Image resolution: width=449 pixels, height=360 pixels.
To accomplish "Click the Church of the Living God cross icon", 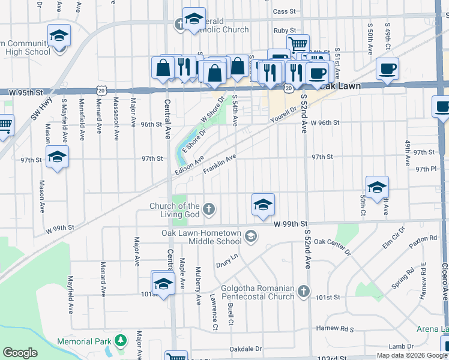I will tap(209, 209).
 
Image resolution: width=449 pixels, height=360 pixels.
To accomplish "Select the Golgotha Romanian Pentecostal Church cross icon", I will tap(304, 292).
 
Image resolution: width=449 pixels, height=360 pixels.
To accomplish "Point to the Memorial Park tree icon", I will tap(121, 341).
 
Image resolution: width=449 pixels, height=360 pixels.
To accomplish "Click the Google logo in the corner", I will tap(20, 353).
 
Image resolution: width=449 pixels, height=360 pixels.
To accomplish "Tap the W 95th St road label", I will tap(28, 92).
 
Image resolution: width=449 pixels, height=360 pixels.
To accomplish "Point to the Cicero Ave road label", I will tap(445, 283).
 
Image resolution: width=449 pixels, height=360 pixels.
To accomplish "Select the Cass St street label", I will tap(285, 11).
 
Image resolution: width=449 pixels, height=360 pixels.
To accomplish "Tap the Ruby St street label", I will tap(285, 30).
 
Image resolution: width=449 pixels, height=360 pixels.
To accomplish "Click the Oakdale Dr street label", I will tap(246, 349).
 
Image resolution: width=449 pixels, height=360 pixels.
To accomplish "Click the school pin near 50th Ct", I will tap(376, 188).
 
